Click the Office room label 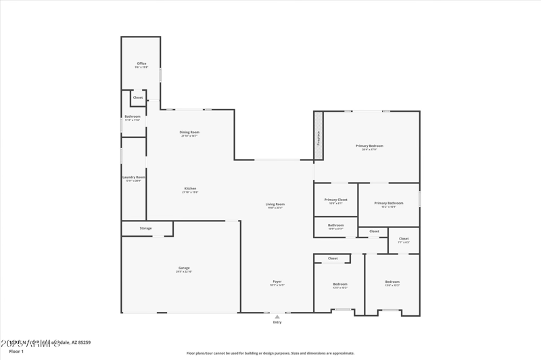coord(141,64)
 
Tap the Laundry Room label coord(134,177)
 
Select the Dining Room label coord(189,132)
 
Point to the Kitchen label coord(190,188)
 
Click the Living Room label coord(275,204)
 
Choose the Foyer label coord(277,282)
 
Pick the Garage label coord(184,268)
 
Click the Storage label coord(146,228)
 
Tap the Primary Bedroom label coord(369,145)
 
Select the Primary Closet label coord(335,200)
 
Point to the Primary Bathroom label coord(389,203)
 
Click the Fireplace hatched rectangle coord(319,136)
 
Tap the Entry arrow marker coord(277,316)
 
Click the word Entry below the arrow coord(277,322)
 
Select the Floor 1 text coord(16,351)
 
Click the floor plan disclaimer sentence coord(270,353)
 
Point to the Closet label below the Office coord(138,97)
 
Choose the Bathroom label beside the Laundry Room coord(133,116)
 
